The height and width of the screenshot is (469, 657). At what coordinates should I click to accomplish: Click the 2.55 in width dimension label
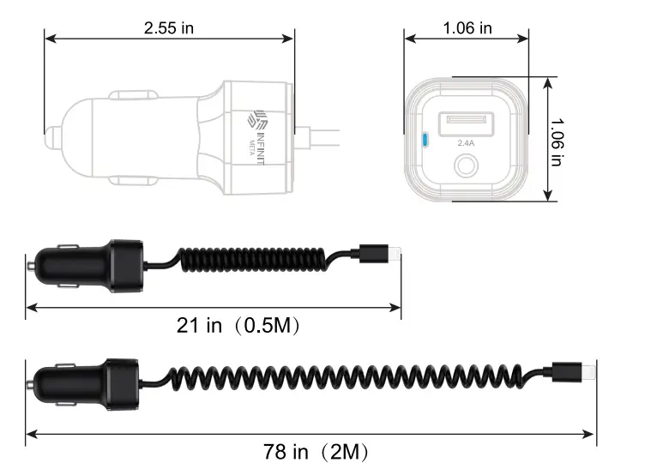169,27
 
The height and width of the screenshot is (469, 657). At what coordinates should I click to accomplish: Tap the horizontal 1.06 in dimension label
467,27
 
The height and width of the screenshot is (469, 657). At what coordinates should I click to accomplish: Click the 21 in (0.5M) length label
238,326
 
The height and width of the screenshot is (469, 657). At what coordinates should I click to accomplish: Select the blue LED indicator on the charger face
421,138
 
